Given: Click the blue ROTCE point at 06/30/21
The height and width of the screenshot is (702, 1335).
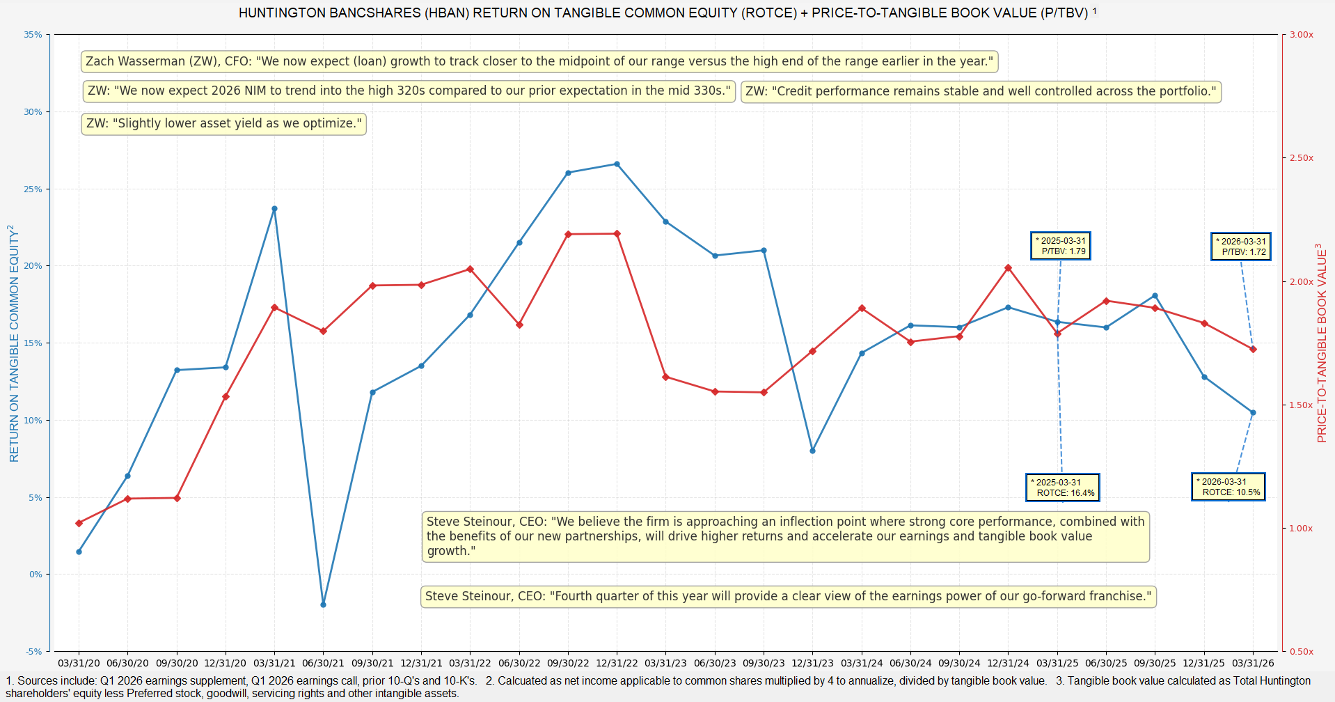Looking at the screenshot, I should (x=323, y=604).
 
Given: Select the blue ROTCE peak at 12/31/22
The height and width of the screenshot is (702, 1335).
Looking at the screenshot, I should (x=617, y=164).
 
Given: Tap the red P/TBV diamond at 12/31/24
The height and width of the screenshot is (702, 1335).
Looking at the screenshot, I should (x=1008, y=268).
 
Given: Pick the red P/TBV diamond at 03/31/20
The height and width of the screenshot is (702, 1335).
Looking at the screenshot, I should (x=79, y=523).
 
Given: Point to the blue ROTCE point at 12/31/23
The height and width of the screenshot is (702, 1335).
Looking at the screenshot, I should (x=812, y=451).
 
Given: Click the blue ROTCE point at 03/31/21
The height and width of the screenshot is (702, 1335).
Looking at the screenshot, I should (x=274, y=209).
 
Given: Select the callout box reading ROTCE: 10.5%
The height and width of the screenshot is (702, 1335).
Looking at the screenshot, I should (x=1228, y=487).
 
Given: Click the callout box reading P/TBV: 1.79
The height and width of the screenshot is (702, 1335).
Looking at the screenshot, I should (x=1060, y=246).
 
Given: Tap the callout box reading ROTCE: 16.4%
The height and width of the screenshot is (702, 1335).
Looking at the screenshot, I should (x=1062, y=487).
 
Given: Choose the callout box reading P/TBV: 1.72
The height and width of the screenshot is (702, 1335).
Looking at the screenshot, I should (x=1240, y=247).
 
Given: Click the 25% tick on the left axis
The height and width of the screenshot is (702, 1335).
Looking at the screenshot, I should (x=33, y=189).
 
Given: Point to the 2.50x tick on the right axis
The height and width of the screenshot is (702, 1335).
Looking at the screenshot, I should (x=1301, y=158).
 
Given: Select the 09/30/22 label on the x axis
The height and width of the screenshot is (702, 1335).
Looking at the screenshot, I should (x=568, y=664).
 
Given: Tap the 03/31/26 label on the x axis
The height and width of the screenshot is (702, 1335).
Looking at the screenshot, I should (x=1253, y=664).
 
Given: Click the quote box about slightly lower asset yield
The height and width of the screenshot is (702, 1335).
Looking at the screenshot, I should (x=223, y=124).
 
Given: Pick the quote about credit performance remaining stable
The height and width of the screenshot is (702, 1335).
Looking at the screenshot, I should (x=981, y=91).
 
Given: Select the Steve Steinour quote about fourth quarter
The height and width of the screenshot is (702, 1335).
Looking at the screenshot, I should (x=788, y=596).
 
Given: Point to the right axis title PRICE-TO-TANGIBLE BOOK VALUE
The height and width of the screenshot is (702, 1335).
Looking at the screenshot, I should (x=1322, y=343).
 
